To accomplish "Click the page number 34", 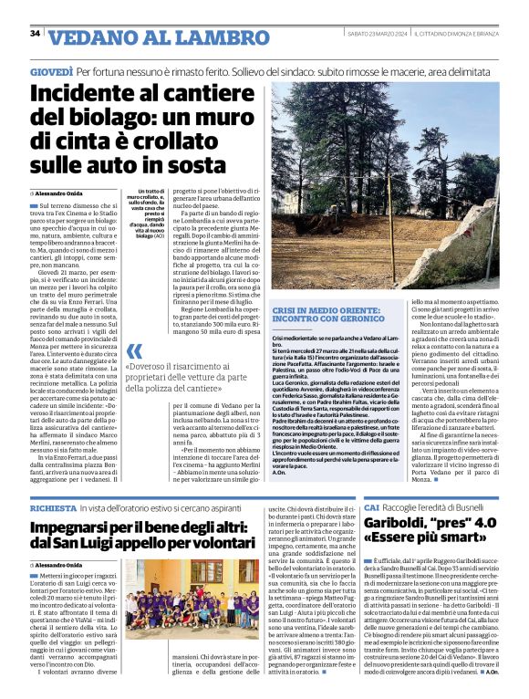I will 35,34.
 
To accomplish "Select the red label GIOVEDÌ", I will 51,70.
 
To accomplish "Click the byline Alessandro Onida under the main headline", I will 61,194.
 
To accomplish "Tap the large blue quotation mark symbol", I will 134,351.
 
